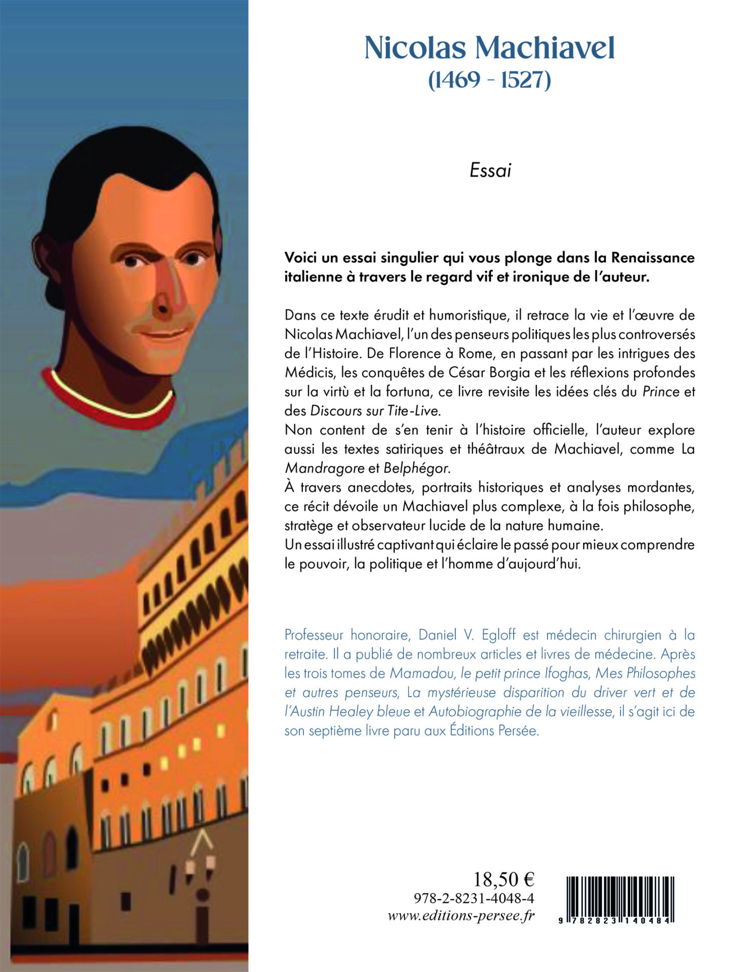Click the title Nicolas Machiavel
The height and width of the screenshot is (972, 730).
coord(489,49)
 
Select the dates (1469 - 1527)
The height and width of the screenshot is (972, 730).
coord(489,79)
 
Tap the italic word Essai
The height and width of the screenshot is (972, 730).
coord(490,171)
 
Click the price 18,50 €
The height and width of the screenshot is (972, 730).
coord(504,879)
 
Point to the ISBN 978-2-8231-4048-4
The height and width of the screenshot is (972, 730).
coord(474,899)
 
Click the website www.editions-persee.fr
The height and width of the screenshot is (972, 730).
coord(461,916)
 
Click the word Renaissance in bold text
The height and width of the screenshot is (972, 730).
coord(652,258)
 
